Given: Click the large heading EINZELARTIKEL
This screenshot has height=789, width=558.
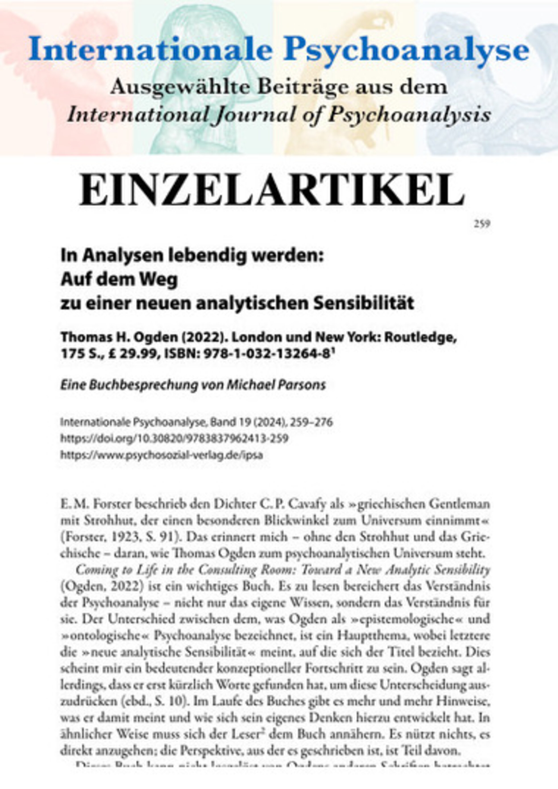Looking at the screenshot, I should [272, 190].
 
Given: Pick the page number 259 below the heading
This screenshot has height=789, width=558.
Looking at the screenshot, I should [482, 225].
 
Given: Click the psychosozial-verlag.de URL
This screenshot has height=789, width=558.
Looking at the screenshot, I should [161, 455].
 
